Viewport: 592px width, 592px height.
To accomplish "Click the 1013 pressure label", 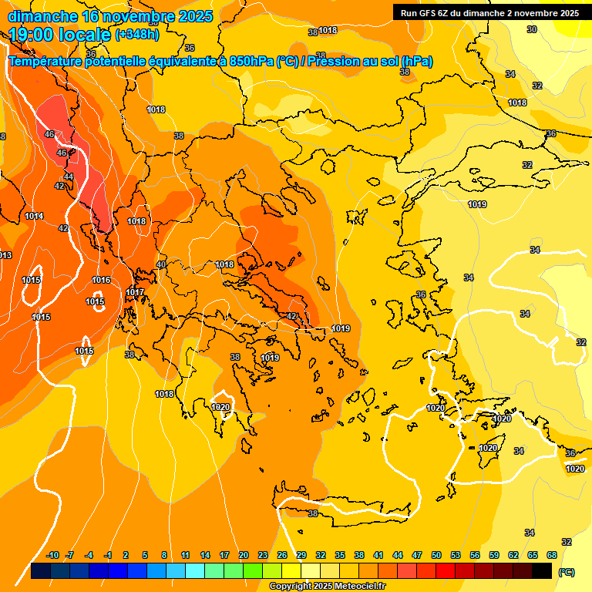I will coord(5,255).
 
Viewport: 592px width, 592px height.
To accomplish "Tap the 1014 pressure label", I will coord(34,217).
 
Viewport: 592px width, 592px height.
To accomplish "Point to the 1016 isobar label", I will coord(101,280).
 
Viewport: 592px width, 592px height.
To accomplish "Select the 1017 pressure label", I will coord(135,292).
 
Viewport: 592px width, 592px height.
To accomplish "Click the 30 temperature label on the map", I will coord(532,29).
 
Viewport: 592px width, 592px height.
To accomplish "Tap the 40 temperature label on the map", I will coord(161,264).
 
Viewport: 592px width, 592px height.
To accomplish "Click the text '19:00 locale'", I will coord(59,35).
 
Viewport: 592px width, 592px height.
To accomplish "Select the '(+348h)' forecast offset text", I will coord(137,35).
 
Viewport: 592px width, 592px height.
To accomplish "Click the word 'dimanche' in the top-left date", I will coord(43,15).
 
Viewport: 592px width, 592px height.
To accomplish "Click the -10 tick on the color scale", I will coord(52,555).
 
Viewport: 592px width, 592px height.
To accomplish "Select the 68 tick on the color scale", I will coord(552,555).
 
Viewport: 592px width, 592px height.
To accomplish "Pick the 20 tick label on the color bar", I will coord(243,555).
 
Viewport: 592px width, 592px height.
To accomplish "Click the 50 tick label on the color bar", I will coord(436,555).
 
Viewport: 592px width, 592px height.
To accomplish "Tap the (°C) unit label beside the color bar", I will coord(566,572).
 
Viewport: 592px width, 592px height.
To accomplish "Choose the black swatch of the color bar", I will coord(542,571).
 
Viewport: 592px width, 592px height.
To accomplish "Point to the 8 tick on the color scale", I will coord(164,555).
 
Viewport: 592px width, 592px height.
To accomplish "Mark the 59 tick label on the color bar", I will coord(494,555).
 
